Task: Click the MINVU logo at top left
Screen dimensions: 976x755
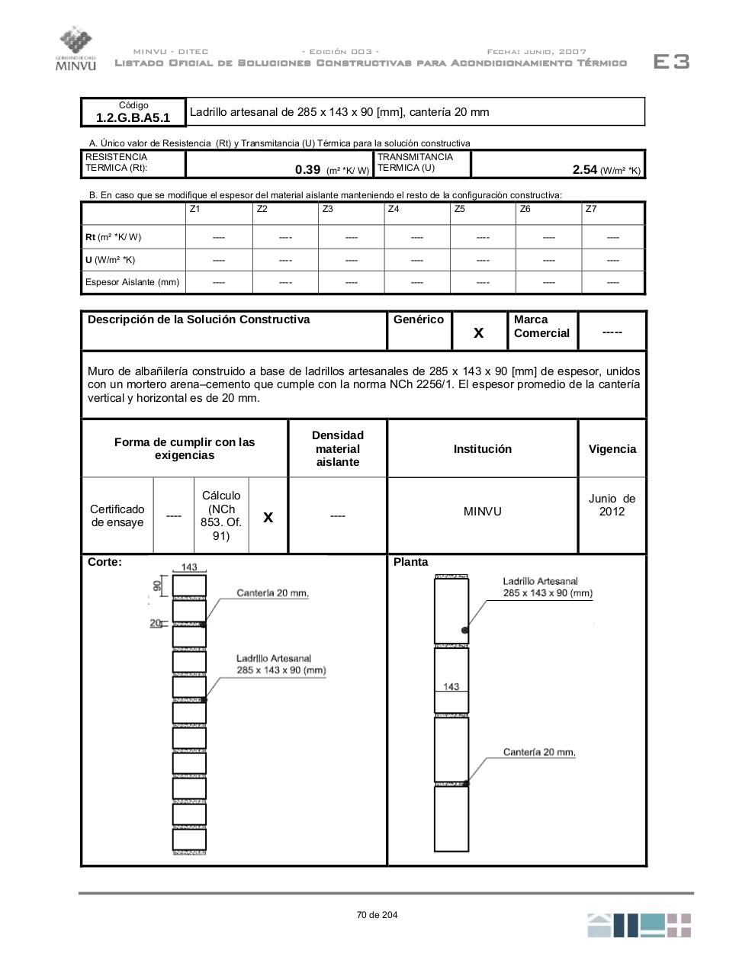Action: [76, 48]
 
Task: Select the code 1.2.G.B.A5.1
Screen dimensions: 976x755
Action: [133, 117]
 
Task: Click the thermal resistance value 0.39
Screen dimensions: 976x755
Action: [307, 169]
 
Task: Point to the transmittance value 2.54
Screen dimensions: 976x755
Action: [584, 169]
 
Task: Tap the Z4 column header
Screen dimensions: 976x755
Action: [394, 209]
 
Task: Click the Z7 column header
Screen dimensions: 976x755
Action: [591, 209]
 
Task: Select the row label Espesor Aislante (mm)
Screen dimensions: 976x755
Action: [132, 282]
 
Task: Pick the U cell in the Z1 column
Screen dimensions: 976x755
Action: [219, 260]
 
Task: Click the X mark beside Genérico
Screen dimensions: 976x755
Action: [479, 332]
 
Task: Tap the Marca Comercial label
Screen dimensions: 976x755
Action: [541, 326]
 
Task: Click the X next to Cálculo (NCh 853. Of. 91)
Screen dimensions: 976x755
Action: [268, 517]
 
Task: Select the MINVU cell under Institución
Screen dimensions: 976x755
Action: [482, 512]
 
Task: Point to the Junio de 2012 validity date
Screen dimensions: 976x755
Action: [612, 505]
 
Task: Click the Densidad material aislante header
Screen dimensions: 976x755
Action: [337, 448]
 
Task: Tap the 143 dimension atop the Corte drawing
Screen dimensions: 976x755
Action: [189, 567]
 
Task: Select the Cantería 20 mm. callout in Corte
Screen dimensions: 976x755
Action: [272, 593]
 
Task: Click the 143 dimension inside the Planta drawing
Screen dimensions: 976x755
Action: [451, 686]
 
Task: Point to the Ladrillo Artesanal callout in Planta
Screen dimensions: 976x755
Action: [547, 587]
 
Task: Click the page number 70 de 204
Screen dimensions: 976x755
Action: [377, 915]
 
